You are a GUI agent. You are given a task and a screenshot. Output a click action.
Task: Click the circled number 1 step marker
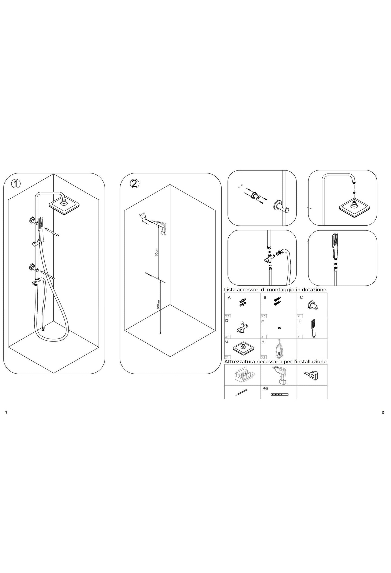pos(16,184)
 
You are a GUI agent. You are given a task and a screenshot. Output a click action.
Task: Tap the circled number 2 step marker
pos(135,184)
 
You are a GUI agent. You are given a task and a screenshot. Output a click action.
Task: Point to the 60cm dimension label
pos(156,252)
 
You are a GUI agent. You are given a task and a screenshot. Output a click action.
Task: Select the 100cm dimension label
pos(159,305)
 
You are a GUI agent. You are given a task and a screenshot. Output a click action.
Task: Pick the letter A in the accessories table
pos(229,297)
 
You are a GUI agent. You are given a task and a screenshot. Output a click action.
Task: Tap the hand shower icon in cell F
pos(313,328)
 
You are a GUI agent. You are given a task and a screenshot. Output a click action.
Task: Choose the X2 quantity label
pos(263,357)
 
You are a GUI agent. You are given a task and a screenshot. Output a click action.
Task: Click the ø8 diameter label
pos(265,388)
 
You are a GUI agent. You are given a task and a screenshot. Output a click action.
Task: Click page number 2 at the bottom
pos(383,412)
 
